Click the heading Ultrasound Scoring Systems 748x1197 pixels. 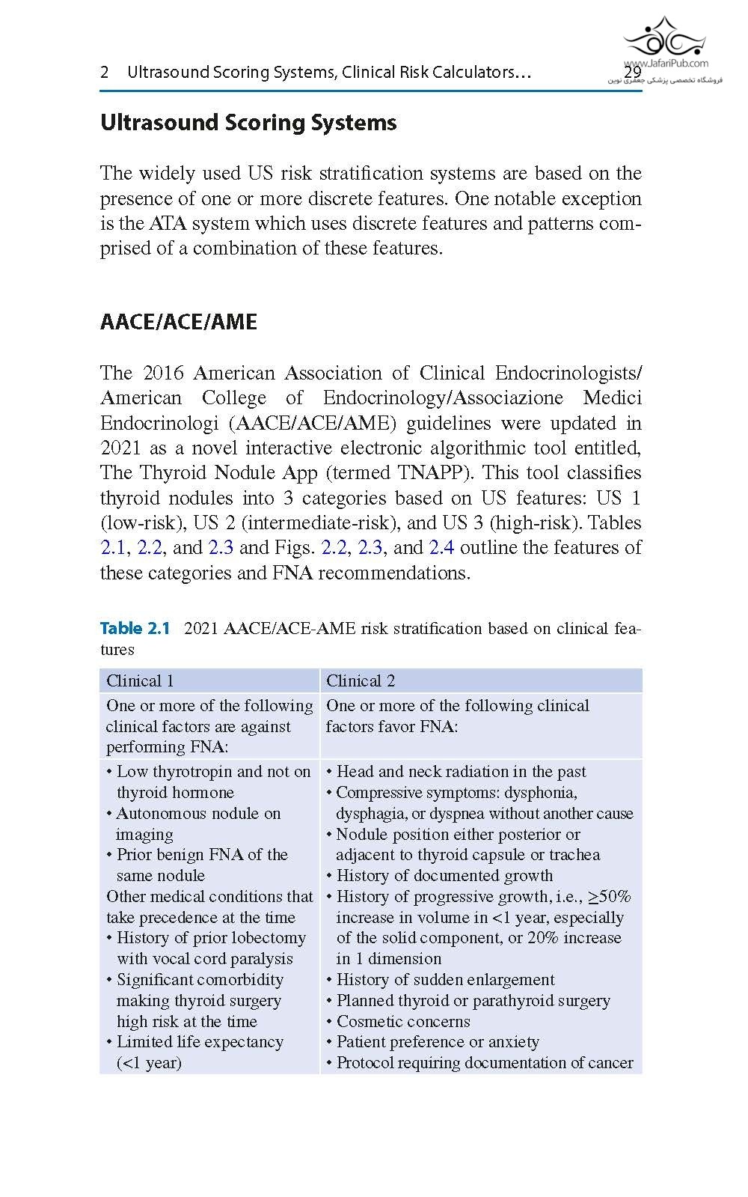click(x=248, y=123)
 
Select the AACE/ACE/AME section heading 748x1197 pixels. click(x=179, y=322)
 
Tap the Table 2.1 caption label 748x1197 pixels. click(x=135, y=628)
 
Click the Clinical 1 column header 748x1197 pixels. click(x=140, y=680)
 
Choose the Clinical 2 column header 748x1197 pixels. click(x=361, y=680)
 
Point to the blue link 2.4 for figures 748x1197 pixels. click(x=441, y=548)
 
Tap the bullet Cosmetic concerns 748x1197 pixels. click(x=403, y=1021)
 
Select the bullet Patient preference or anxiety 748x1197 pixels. click(x=438, y=1042)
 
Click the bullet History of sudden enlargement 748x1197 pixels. click(x=445, y=980)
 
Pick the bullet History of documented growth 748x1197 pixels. click(x=444, y=876)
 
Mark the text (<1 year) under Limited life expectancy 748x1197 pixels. click(x=149, y=1063)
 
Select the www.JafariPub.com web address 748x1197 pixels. click(x=666, y=64)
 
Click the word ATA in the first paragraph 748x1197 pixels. click(x=168, y=224)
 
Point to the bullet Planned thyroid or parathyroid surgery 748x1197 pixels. click(x=473, y=1001)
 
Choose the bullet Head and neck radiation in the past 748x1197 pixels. click(x=461, y=772)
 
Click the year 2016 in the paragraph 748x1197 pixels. click(x=163, y=374)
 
